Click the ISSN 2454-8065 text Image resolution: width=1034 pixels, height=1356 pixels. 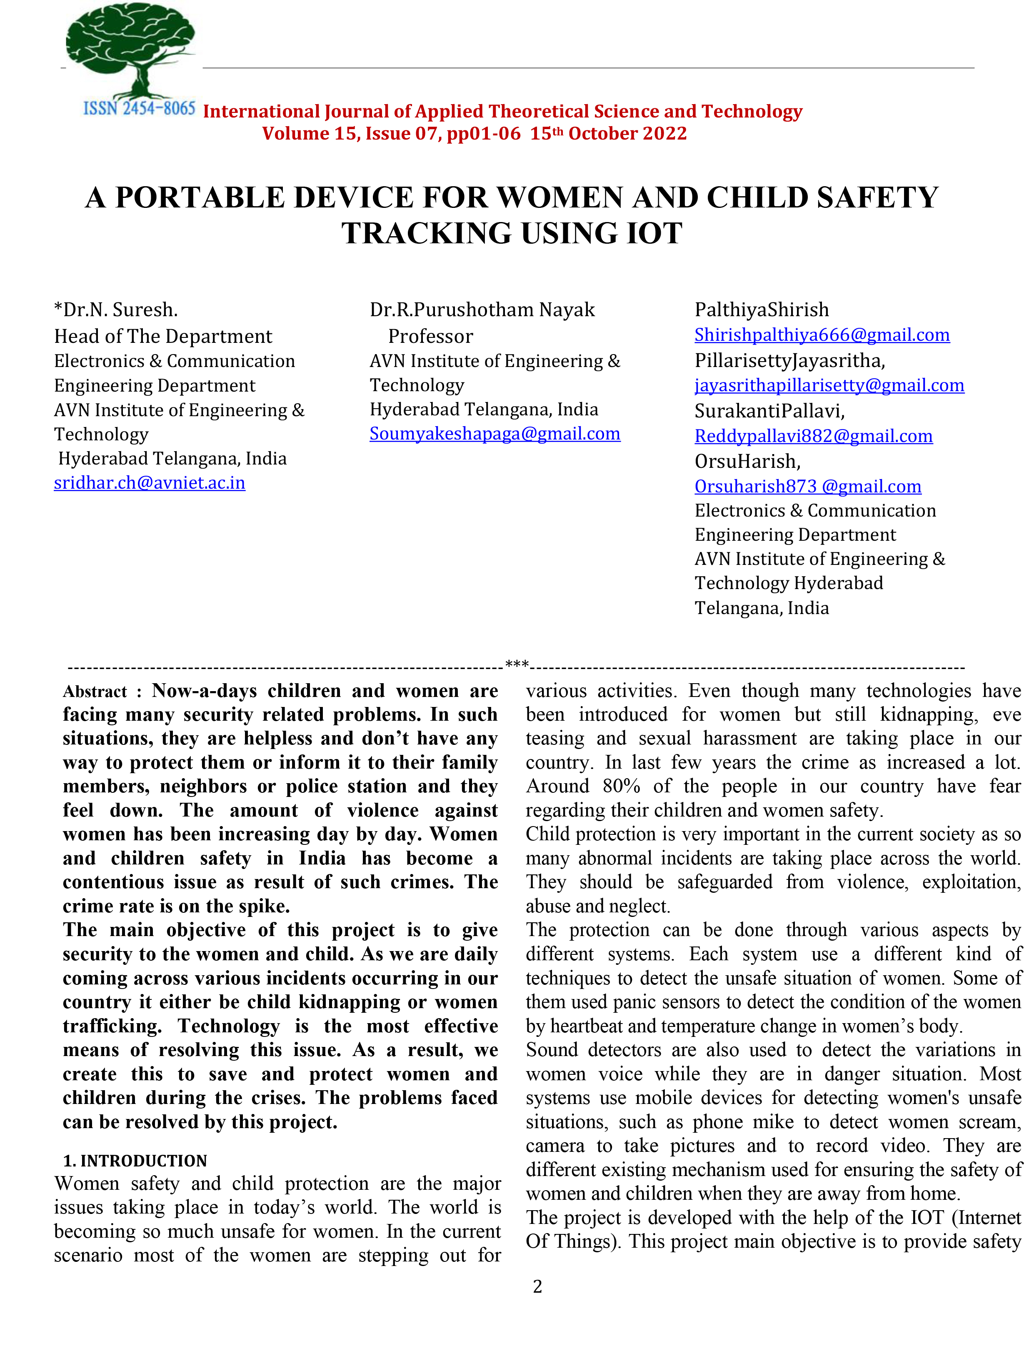point(139,109)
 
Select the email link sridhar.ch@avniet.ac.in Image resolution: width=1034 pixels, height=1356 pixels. point(150,483)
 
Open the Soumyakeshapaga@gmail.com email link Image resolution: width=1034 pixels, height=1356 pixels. point(495,434)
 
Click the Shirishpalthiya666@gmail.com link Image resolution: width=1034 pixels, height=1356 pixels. point(822,335)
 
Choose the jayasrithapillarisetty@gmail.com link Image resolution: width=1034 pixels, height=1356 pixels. point(829,385)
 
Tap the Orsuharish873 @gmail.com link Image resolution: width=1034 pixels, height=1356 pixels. point(807,487)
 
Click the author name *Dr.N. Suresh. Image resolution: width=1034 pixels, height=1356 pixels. point(116,310)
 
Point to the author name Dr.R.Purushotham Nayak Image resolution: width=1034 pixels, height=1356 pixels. point(482,310)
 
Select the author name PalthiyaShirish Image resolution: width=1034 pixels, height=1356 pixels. point(762,310)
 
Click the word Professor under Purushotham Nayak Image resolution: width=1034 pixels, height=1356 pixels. point(430,336)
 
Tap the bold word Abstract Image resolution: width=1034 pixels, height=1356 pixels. point(95,692)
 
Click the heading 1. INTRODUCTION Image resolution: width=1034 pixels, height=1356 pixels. point(135,1161)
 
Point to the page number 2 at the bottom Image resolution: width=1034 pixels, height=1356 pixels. point(537,1286)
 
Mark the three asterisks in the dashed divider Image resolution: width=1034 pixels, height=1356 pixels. point(517,664)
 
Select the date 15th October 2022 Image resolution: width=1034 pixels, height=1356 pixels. point(608,134)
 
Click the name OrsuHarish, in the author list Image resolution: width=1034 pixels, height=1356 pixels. point(747,461)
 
